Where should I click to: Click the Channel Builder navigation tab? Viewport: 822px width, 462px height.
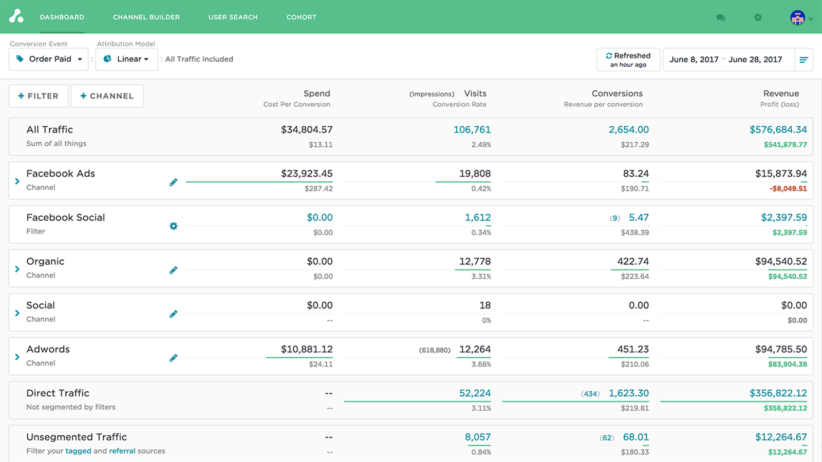(x=146, y=17)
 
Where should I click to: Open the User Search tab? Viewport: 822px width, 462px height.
(x=233, y=17)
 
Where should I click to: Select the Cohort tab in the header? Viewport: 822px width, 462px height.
(x=301, y=17)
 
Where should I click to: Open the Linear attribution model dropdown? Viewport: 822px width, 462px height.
(x=126, y=59)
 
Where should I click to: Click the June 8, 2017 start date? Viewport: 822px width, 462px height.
(x=694, y=60)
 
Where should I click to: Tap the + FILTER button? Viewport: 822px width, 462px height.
(x=39, y=96)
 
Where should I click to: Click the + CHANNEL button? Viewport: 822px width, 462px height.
(x=107, y=96)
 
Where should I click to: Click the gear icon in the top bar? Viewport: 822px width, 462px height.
(x=758, y=17)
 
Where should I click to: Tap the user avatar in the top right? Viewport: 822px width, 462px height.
(x=797, y=17)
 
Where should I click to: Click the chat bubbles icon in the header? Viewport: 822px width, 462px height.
(x=721, y=17)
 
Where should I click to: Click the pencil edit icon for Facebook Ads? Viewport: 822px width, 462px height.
(x=174, y=182)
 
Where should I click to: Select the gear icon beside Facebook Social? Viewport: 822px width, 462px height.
(x=174, y=226)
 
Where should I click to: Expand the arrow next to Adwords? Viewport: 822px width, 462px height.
(x=17, y=357)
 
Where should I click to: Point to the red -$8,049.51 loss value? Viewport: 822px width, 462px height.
(x=788, y=188)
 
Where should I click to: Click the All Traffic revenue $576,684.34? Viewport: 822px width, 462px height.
(x=778, y=130)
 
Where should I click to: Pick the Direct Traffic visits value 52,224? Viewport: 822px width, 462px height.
(x=475, y=393)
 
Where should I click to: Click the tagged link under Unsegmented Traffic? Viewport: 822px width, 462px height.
(x=78, y=451)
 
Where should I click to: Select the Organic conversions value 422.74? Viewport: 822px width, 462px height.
(x=632, y=261)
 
